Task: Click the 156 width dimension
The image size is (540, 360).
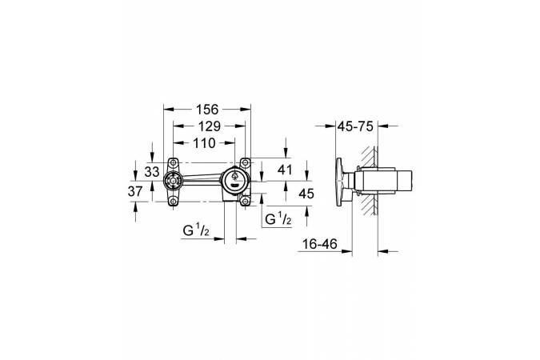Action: pyautogui.click(x=207, y=110)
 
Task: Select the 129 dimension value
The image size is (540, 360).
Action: pyautogui.click(x=209, y=126)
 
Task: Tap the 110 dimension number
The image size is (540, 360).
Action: pyautogui.click(x=204, y=142)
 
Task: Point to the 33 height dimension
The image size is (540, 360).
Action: pyautogui.click(x=152, y=171)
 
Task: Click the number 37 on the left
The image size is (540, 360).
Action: pyautogui.click(x=135, y=191)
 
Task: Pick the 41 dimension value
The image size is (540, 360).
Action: pyautogui.click(x=285, y=170)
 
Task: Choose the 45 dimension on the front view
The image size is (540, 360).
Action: pyautogui.click(x=306, y=194)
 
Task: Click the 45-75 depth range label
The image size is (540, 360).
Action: pyautogui.click(x=355, y=126)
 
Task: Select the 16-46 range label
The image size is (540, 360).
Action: pyautogui.click(x=319, y=244)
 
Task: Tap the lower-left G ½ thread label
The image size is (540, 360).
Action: pyautogui.click(x=196, y=230)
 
